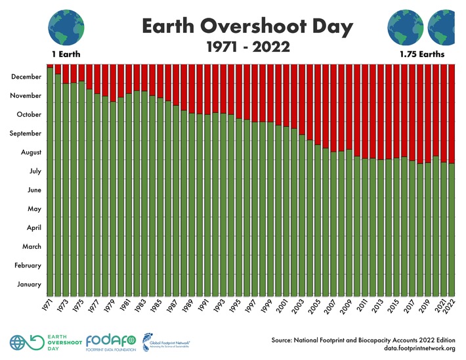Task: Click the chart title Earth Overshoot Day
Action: click(247, 28)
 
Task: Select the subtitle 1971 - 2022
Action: click(247, 48)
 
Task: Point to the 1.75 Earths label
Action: click(422, 54)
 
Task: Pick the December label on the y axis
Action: click(26, 77)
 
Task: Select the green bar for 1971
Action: click(50, 184)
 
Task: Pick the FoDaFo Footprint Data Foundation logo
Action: click(110, 342)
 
